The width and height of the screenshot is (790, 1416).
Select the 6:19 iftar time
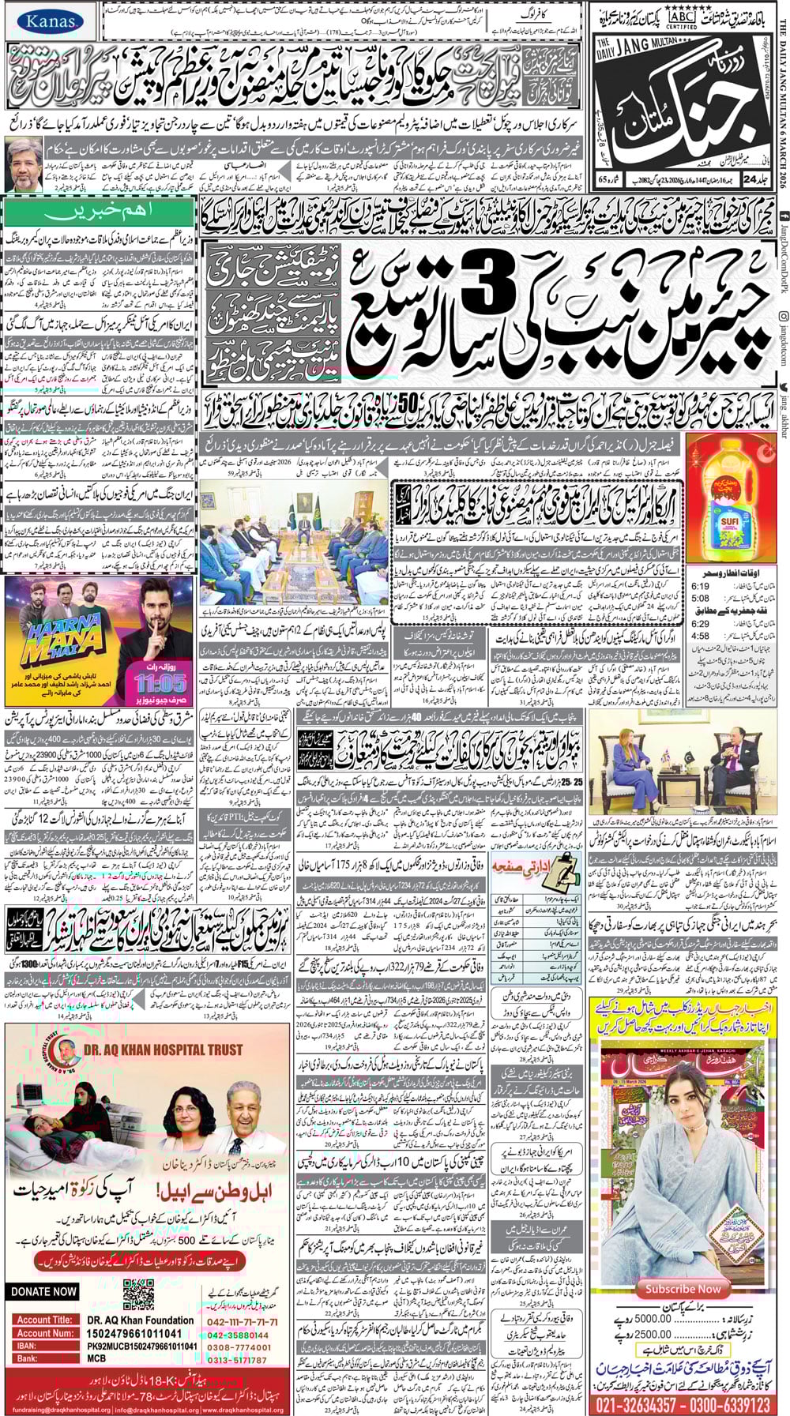tap(700, 588)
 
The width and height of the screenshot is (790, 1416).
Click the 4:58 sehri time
tap(700, 636)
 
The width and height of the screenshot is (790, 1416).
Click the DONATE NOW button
tap(44, 1292)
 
